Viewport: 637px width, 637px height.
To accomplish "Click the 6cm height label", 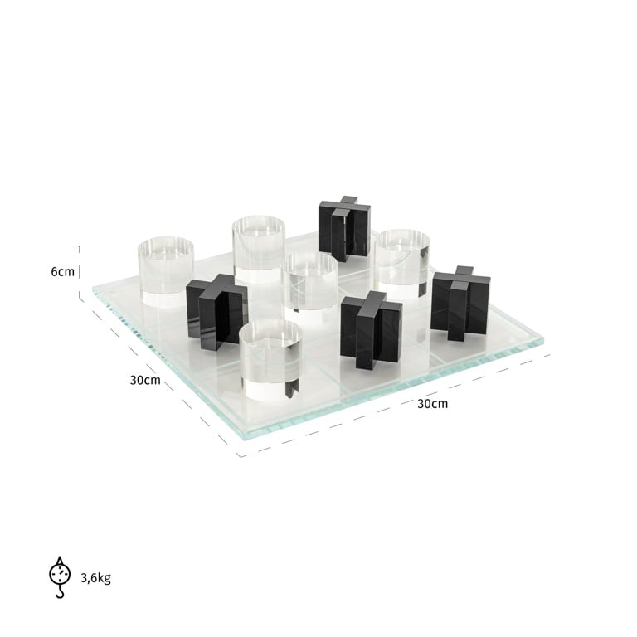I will pyautogui.click(x=62, y=272).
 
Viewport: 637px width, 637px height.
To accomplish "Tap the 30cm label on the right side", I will pyautogui.click(x=432, y=404).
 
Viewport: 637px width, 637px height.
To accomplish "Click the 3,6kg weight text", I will pyautogui.click(x=95, y=578).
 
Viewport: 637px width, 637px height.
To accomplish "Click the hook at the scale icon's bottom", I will pyautogui.click(x=60, y=592).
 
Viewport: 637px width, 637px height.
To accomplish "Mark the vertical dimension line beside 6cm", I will pyautogui.click(x=80, y=272).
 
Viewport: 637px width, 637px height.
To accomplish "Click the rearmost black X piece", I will pyautogui.click(x=343, y=228).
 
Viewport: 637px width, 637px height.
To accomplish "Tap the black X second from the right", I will pyautogui.click(x=371, y=329).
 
